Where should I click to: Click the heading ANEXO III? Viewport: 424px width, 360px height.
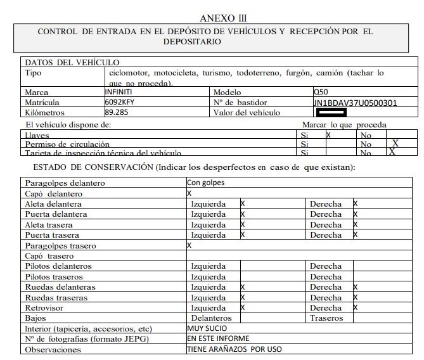pos(223,18)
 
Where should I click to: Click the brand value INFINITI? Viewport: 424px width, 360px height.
pos(119,92)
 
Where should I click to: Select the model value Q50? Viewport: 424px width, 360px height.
pos(321,92)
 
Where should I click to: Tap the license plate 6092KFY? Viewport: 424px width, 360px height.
pos(120,102)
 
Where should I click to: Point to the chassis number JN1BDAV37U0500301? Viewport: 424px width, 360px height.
pos(355,103)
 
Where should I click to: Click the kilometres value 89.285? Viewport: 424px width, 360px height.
pos(117,112)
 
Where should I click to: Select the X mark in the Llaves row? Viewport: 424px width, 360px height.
pos(328,135)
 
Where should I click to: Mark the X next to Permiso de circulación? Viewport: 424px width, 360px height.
pos(395,143)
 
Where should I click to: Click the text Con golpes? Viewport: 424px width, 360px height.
pos(207,183)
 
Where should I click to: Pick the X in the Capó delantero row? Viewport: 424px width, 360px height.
pos(189,193)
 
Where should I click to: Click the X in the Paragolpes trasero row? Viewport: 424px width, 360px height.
pos(189,245)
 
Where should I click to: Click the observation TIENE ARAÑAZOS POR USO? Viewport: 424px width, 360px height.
pos(234,349)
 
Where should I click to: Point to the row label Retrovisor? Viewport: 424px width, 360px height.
pos(45,307)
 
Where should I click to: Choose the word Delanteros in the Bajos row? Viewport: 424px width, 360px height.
pos(211,318)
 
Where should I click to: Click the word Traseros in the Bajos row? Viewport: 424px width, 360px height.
pos(326,318)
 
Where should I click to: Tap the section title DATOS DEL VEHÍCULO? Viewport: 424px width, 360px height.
pos(72,62)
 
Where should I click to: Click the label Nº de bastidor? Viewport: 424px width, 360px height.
pos(240,102)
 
